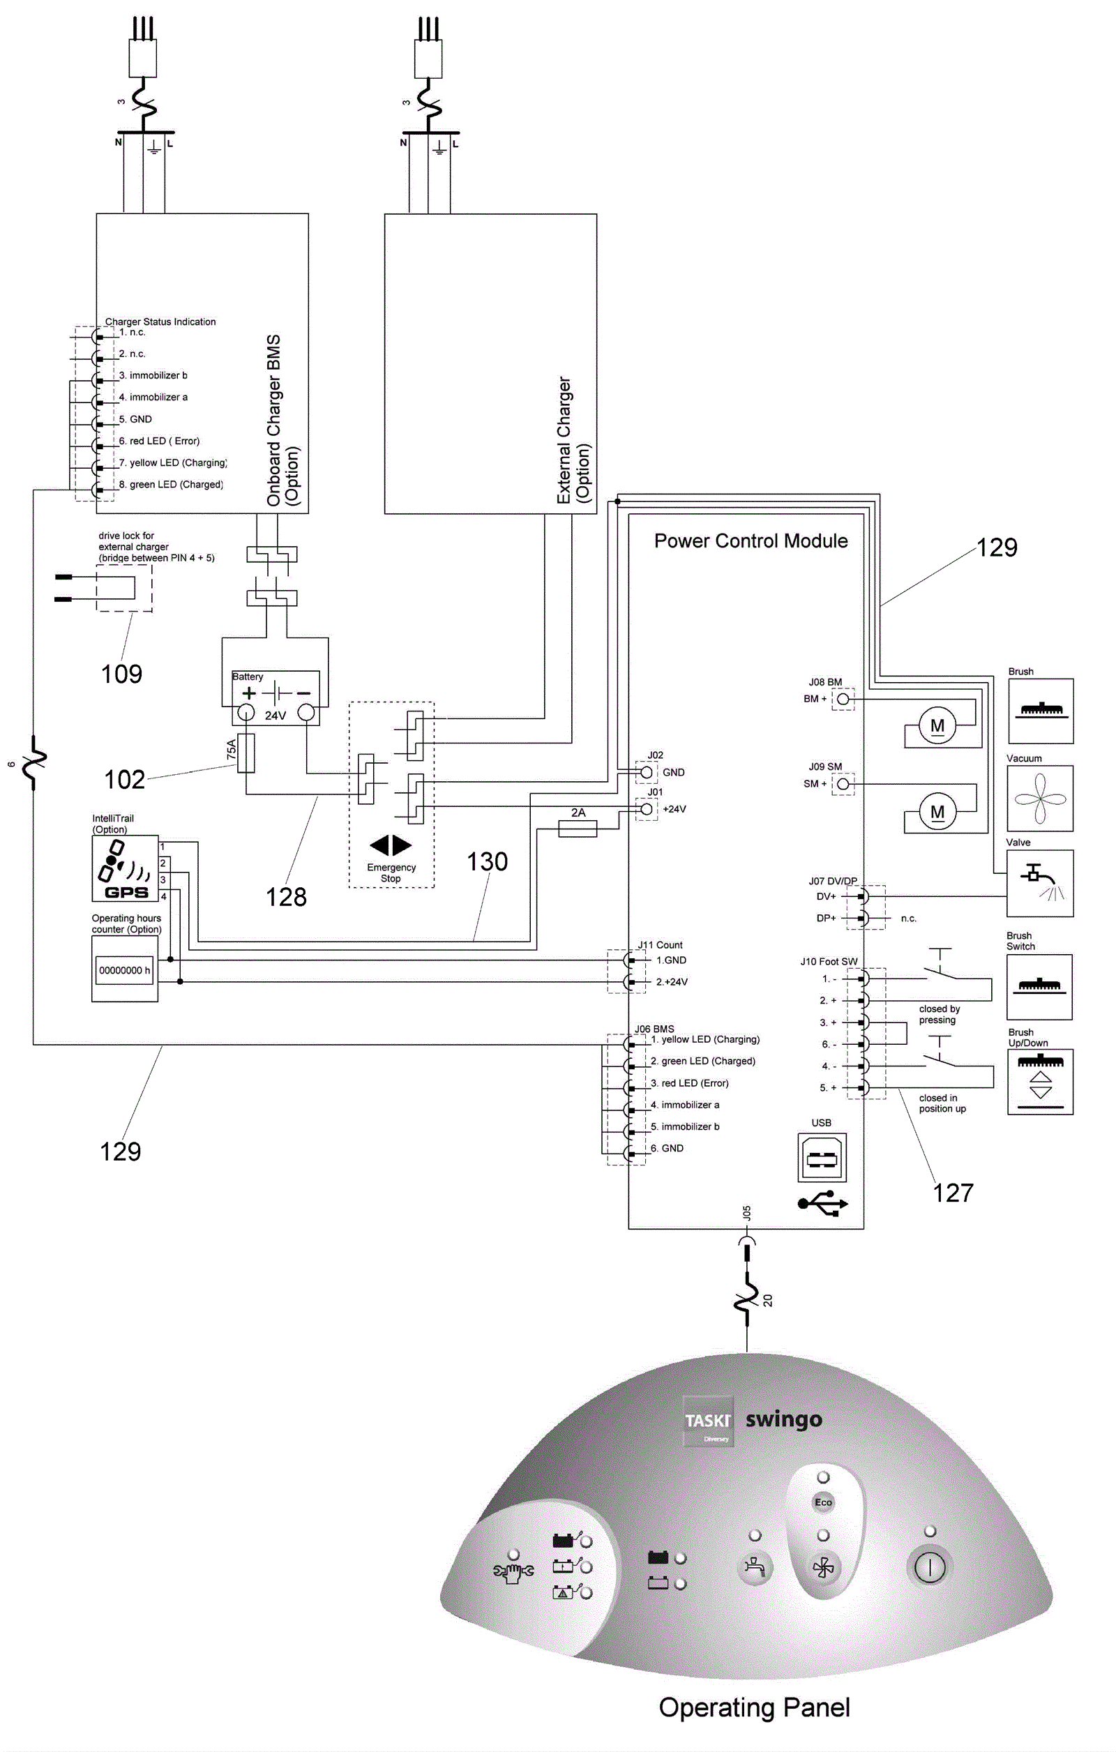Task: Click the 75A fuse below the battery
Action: pos(247,753)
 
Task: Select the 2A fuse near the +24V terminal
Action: pos(578,828)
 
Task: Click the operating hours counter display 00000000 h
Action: pos(124,970)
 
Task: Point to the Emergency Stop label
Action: pos(391,873)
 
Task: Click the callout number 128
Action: pos(286,897)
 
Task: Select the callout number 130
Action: pos(487,861)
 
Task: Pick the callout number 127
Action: pos(953,1193)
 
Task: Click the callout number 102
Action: pos(124,780)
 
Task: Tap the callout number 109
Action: pos(121,674)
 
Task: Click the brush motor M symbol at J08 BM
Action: pos(937,725)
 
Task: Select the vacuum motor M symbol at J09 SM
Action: pos(937,811)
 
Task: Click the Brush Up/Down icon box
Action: pos(1041,1081)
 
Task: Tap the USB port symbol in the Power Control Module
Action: pos(822,1158)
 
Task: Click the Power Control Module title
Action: pos(751,541)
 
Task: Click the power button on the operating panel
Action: pos(929,1567)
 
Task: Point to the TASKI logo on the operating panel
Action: pos(707,1421)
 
